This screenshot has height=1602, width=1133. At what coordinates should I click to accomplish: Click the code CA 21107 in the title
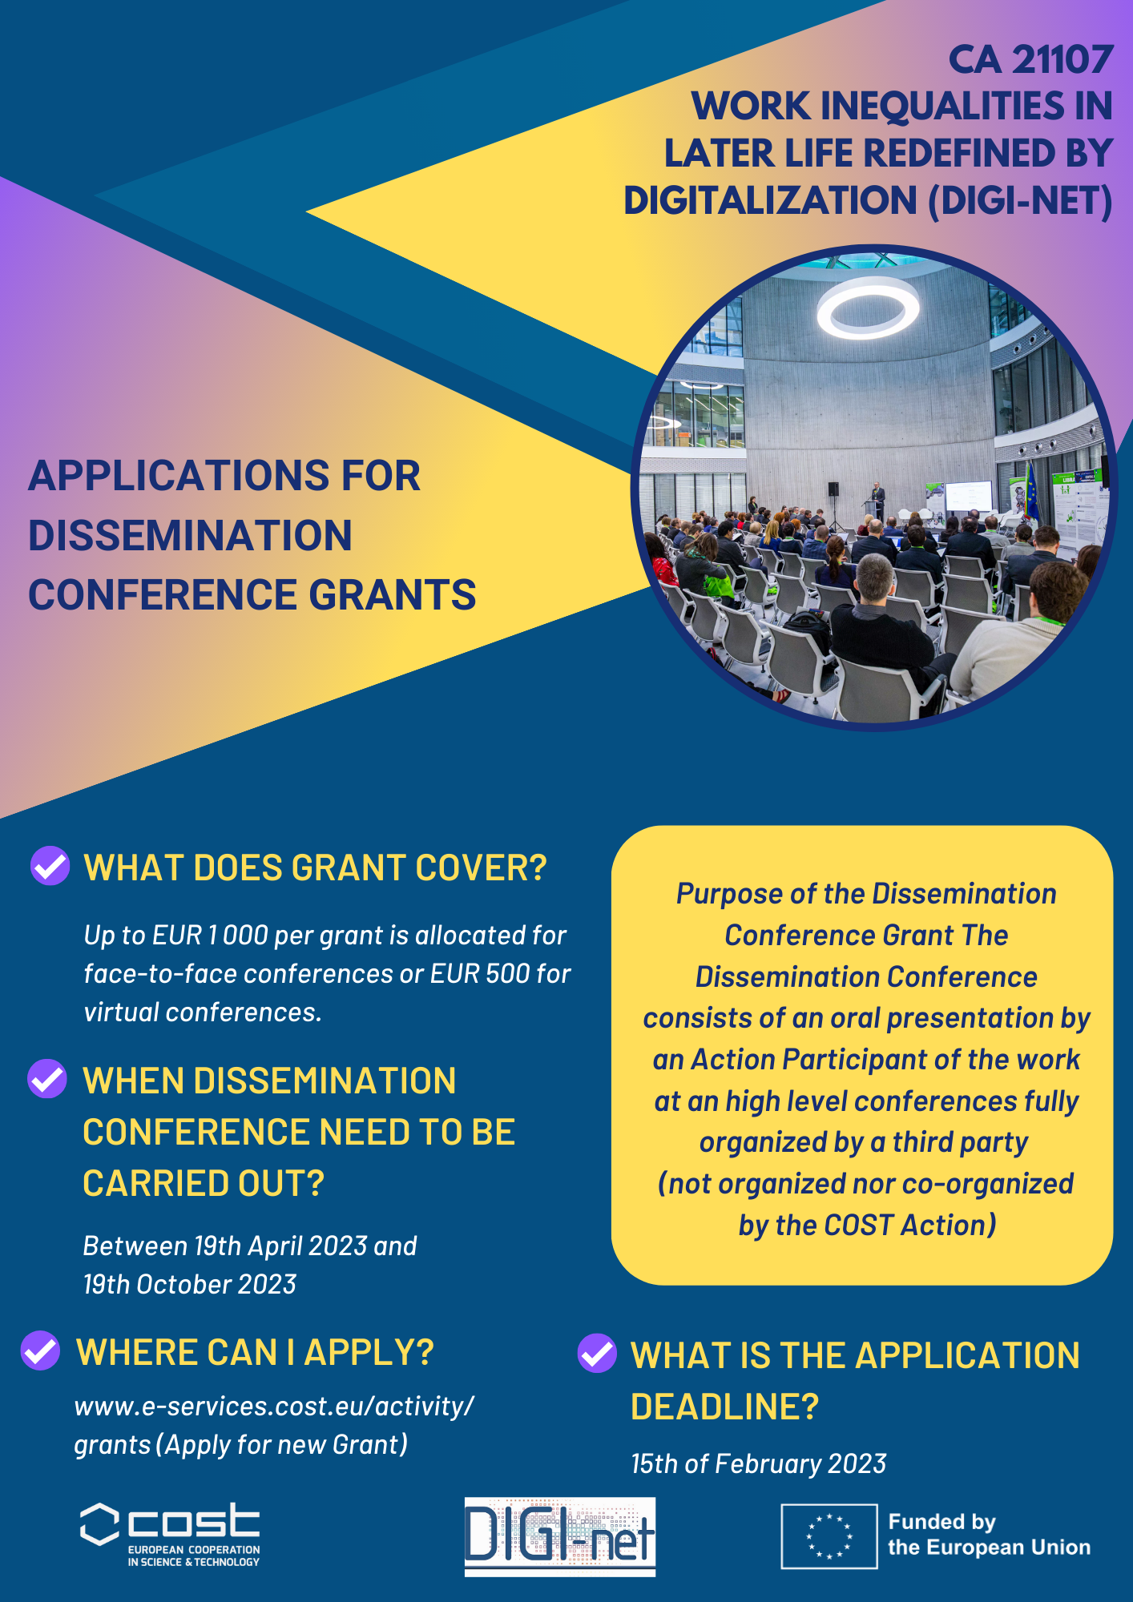[x=1031, y=60]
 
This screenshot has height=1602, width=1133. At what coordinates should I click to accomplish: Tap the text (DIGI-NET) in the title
[x=1020, y=201]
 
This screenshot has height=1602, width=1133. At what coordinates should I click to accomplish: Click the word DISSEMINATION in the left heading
[x=191, y=536]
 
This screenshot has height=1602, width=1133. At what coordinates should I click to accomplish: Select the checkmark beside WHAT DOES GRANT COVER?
[x=50, y=866]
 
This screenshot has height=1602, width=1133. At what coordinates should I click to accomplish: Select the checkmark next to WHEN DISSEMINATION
[x=47, y=1079]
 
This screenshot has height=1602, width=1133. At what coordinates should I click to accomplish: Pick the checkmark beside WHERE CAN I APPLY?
[x=40, y=1350]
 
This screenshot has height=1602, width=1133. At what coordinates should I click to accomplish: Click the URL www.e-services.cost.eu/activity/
[x=274, y=1407]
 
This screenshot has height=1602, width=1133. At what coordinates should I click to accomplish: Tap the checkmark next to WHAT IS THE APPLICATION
[x=597, y=1353]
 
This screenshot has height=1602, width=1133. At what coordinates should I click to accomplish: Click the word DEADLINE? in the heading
[x=724, y=1407]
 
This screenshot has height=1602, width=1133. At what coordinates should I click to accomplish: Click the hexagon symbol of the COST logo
[x=99, y=1524]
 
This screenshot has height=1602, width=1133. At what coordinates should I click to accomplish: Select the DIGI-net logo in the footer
[x=560, y=1536]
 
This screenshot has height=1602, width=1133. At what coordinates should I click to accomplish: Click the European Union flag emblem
[x=829, y=1536]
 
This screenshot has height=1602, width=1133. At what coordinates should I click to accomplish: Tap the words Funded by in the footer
[x=941, y=1522]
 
